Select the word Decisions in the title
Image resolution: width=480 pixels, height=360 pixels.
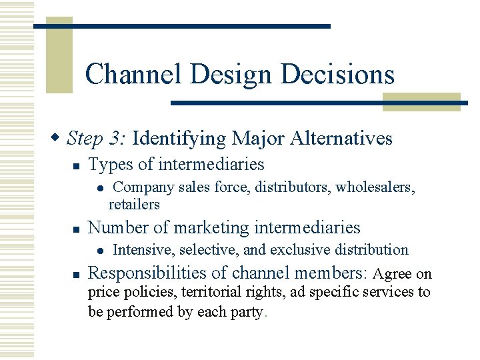(x=338, y=74)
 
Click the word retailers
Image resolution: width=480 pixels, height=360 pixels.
(x=134, y=204)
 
